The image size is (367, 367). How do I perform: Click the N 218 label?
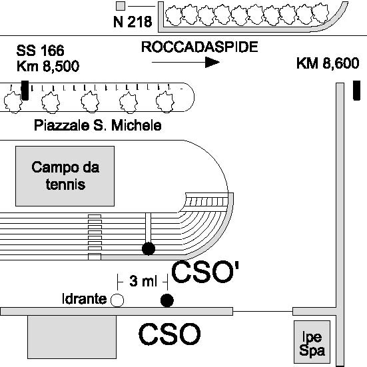(133, 22)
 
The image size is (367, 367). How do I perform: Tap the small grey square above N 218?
(121, 6)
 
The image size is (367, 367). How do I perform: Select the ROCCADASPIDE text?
(200, 47)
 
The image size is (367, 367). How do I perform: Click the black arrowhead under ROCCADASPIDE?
(212, 62)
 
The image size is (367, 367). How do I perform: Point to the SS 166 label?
(40, 51)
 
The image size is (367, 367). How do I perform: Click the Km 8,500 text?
(48, 66)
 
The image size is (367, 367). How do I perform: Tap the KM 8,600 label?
(328, 63)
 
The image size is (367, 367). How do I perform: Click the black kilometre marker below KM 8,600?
(356, 91)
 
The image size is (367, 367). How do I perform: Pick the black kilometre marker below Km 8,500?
(25, 91)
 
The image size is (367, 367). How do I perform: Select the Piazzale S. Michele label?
(98, 125)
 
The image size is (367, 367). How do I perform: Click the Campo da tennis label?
(65, 176)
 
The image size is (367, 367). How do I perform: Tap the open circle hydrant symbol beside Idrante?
(117, 300)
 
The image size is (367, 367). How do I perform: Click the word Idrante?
(85, 299)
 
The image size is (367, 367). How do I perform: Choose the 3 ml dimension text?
(143, 281)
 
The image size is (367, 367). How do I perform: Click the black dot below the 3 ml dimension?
(167, 300)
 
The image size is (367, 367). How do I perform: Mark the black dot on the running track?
(149, 248)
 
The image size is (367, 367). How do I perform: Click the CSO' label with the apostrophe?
(205, 272)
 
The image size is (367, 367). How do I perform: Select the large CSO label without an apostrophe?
(170, 334)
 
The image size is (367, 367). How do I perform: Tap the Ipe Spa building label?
(312, 344)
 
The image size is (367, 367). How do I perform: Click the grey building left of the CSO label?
(72, 337)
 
